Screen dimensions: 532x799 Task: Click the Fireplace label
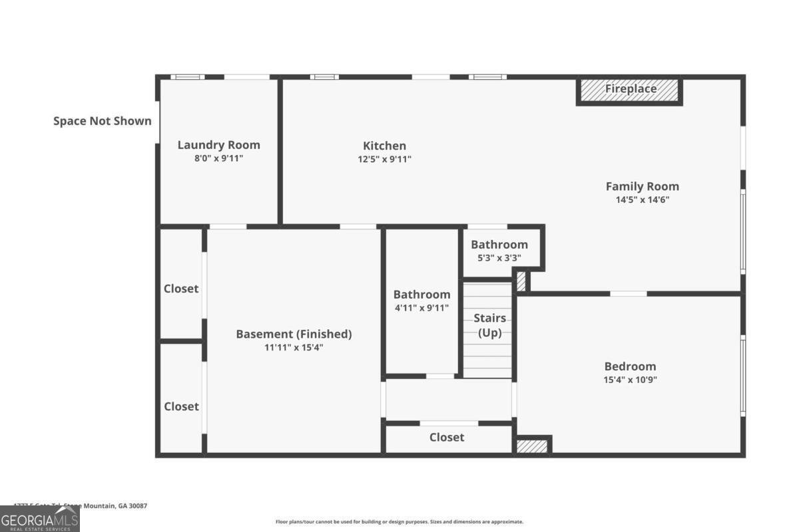coord(630,89)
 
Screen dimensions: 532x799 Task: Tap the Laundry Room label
coord(218,145)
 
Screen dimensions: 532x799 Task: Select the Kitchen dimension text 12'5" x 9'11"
coord(384,159)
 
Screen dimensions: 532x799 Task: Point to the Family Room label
coord(642,186)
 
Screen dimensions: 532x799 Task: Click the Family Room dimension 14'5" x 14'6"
coord(642,199)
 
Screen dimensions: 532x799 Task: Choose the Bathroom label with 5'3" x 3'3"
coord(499,245)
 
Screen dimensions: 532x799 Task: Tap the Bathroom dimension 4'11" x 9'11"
coord(421,308)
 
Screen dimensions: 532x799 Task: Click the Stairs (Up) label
coord(489,326)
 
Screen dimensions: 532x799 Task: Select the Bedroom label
coord(630,366)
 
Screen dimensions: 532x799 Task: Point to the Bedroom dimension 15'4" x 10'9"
coord(630,380)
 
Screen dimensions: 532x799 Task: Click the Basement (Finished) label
coord(294,334)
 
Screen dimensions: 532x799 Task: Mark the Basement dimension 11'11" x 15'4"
coord(294,347)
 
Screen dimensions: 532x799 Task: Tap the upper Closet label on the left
coord(181,289)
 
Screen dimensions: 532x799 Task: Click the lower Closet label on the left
coord(181,406)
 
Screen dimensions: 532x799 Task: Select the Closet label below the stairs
coord(447,437)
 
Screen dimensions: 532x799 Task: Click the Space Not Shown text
coord(103,121)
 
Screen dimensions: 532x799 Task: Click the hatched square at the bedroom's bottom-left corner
coord(532,446)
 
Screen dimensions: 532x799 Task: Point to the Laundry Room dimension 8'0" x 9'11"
coord(218,159)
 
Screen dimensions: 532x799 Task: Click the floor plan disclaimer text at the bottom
coord(400,522)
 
